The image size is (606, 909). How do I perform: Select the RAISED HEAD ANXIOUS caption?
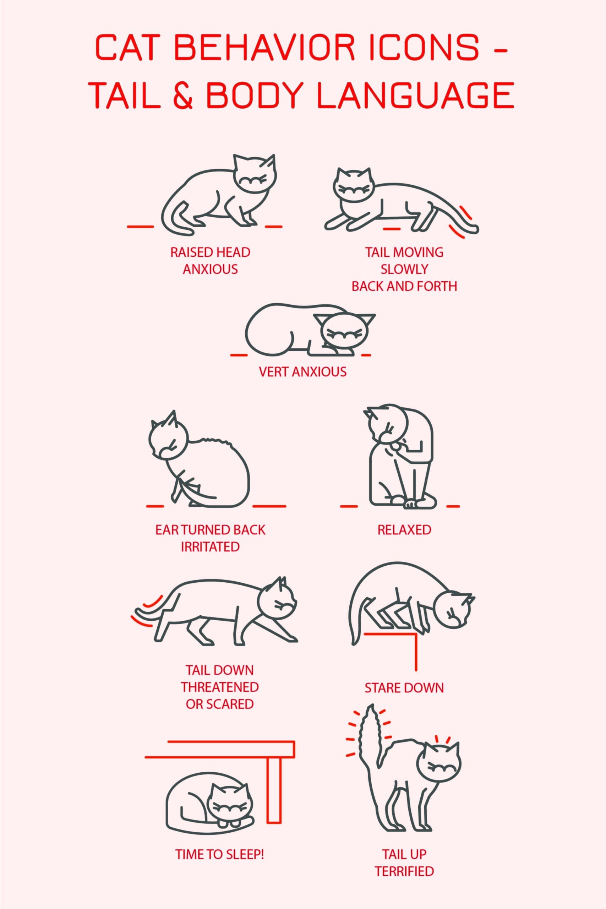click(210, 261)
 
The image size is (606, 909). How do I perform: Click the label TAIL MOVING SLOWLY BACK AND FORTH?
click(404, 269)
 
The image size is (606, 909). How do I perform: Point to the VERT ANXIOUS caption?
click(302, 372)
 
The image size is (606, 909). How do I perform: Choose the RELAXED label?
click(404, 529)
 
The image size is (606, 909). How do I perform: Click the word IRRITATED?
click(210, 546)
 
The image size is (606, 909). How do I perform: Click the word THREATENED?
click(219, 687)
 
